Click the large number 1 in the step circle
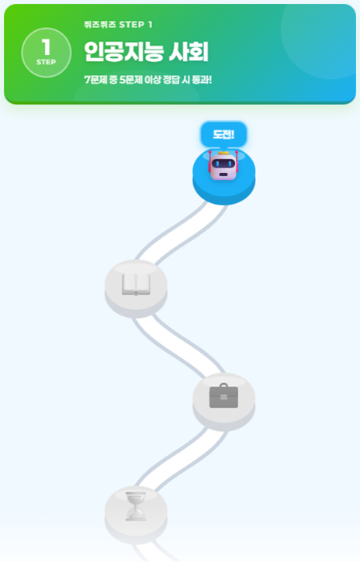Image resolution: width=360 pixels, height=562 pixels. (46, 47)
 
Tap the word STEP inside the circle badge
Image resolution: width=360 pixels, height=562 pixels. (46, 62)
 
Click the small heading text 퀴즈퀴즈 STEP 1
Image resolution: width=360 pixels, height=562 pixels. (119, 24)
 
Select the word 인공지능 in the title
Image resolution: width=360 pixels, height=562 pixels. (123, 52)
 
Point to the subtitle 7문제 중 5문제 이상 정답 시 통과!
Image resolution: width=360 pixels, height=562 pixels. (147, 80)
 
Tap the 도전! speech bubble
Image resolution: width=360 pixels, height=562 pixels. (223, 134)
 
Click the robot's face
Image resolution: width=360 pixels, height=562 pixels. (223, 164)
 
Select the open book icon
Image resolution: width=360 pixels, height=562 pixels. (136, 284)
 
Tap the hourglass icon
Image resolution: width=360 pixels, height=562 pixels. (136, 506)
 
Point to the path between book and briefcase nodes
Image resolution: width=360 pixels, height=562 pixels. (178, 345)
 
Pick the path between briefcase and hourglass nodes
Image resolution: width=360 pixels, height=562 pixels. (181, 458)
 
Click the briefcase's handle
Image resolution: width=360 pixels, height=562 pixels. (223, 386)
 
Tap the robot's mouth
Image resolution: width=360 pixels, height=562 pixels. (223, 174)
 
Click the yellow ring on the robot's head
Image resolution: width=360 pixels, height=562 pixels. (223, 153)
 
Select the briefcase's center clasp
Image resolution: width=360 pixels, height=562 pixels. (223, 397)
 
